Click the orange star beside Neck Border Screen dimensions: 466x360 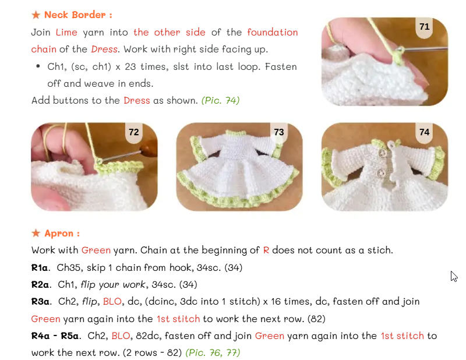36,15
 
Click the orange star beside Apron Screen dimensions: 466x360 36,233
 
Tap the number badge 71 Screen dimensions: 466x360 425,27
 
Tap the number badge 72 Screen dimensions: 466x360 134,132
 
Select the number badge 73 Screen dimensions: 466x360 279,132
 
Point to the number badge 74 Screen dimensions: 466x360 425,132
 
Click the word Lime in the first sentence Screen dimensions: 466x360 66,32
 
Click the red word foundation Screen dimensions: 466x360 272,32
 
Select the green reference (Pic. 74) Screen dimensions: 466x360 221,100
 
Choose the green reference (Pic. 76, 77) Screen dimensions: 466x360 213,352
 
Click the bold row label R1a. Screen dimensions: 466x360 40,268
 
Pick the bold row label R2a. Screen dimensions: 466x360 40,285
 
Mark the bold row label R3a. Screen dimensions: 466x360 40,302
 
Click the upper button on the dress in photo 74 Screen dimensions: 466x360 383,153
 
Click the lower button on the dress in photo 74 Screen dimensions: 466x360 382,172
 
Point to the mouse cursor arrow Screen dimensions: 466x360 454,277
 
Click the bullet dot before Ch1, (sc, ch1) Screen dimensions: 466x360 38,66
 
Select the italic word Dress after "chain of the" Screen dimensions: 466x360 104,49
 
